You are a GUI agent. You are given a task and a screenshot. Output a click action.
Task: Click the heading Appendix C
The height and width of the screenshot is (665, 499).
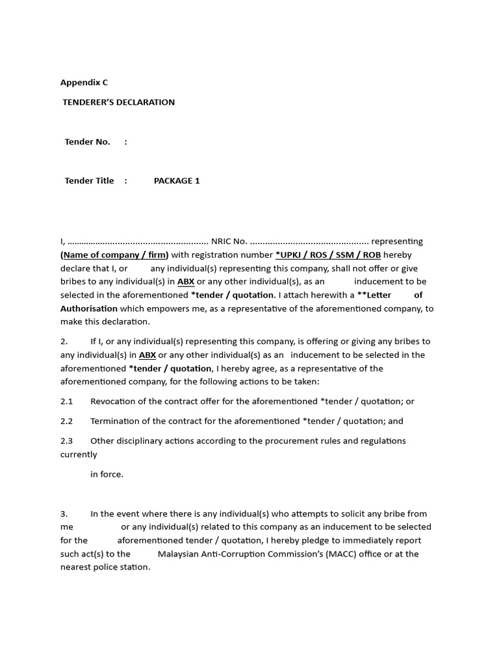pyautogui.click(x=84, y=82)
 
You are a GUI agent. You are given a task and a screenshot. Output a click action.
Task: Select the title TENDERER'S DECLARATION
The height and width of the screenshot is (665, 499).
pyautogui.click(x=119, y=102)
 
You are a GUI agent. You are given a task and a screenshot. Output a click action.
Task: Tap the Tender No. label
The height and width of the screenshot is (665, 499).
pyautogui.click(x=88, y=142)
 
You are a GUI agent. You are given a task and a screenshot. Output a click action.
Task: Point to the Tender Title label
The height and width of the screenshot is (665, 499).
pyautogui.click(x=90, y=181)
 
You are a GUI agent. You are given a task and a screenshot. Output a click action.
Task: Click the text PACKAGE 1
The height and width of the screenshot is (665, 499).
pyautogui.click(x=177, y=181)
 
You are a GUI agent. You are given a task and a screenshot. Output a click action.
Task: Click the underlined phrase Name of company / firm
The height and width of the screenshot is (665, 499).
pyautogui.click(x=114, y=255)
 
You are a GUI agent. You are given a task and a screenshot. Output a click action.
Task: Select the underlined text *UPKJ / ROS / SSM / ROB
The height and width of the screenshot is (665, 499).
pyautogui.click(x=328, y=255)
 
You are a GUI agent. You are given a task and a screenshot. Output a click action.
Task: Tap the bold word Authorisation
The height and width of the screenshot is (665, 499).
pyautogui.click(x=89, y=308)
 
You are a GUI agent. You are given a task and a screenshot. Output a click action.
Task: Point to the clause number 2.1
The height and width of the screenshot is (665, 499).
pyautogui.click(x=67, y=401)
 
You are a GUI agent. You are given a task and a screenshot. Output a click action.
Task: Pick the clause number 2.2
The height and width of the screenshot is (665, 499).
pyautogui.click(x=67, y=421)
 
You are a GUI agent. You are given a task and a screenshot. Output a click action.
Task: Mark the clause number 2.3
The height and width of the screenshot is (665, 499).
pyautogui.click(x=67, y=440)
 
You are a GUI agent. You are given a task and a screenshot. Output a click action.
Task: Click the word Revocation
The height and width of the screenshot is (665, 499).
pyautogui.click(x=115, y=401)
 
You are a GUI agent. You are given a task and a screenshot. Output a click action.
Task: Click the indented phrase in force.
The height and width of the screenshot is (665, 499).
pyautogui.click(x=107, y=474)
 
